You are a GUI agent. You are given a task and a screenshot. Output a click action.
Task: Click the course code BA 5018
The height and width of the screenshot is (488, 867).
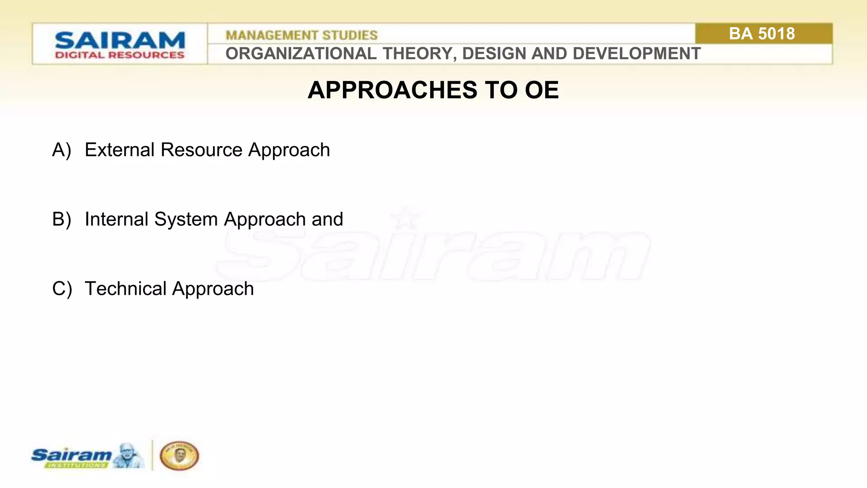pos(762,34)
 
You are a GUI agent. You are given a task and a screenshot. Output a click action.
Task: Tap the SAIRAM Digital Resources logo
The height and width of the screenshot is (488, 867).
pos(120,44)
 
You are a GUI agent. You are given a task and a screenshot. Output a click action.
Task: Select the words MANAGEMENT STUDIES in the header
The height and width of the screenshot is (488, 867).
pos(301,35)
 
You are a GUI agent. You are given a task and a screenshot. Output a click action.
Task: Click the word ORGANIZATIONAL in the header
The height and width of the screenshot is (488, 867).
pos(301,54)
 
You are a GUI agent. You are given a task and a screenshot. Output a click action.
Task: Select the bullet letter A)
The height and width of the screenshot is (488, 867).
pos(61,150)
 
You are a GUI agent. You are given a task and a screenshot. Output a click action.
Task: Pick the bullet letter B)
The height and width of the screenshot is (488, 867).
pos(61,219)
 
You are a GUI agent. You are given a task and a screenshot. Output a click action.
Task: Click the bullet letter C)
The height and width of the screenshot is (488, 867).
pos(62,289)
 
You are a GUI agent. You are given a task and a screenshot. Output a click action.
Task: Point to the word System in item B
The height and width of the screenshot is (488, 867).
pos(186,219)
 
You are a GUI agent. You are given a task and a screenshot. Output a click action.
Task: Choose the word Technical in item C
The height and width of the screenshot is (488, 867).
pos(126,289)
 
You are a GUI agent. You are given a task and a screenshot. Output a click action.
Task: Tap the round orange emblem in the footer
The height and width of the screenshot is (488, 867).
pos(179,456)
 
